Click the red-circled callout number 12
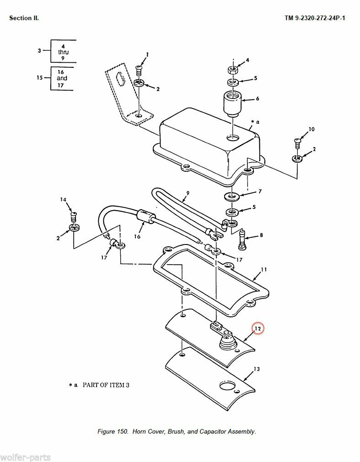pyautogui.click(x=258, y=328)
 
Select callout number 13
pyautogui.click(x=256, y=369)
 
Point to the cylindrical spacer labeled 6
pyautogui.click(x=232, y=103)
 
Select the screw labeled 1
pyautogui.click(x=140, y=70)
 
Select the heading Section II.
pyautogui.click(x=24, y=18)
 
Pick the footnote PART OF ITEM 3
pyautogui.click(x=106, y=385)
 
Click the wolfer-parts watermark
pyautogui.click(x=26, y=457)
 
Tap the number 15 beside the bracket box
pyautogui.click(x=39, y=78)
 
